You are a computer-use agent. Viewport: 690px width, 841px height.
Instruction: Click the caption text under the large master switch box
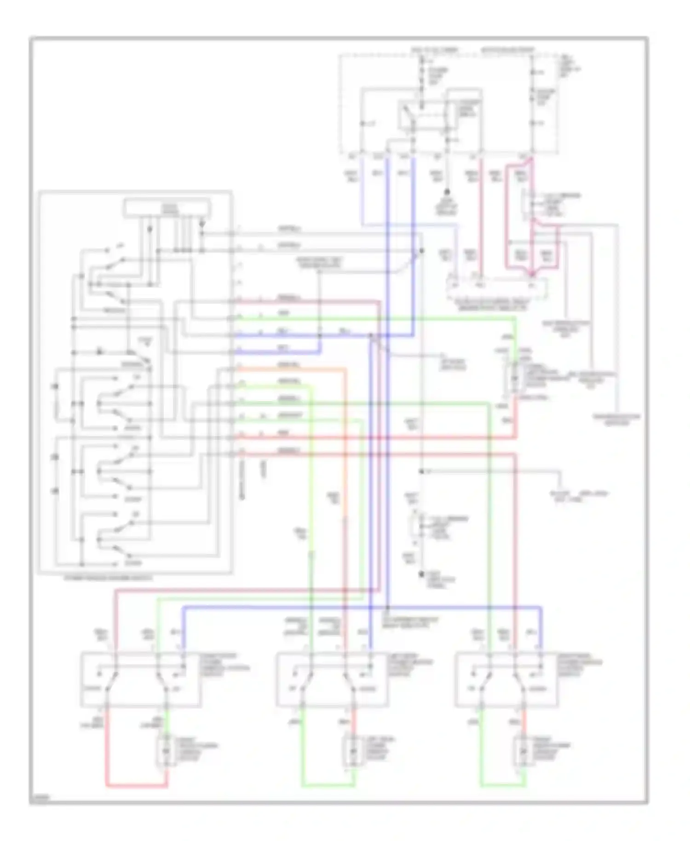pos(108,578)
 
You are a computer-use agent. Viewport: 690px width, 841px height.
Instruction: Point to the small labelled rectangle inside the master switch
pos(167,208)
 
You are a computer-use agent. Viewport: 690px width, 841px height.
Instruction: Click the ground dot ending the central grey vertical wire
pos(421,574)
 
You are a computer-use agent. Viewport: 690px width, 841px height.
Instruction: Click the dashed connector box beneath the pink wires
pos(497,288)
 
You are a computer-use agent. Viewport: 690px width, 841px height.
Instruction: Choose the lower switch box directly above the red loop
pos(141,679)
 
